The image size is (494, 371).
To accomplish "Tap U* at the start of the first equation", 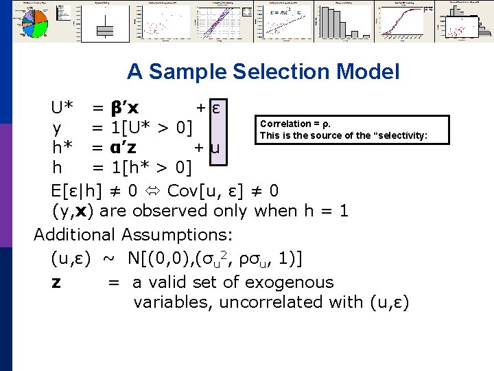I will tap(62, 108).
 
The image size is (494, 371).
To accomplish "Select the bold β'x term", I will tap(124, 108).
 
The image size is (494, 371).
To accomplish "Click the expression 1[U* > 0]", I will tap(151, 128).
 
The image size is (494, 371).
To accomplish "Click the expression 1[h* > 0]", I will tap(151, 167).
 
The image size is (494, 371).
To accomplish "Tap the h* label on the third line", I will tap(62, 147).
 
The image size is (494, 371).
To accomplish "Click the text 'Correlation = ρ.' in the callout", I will tap(294, 124).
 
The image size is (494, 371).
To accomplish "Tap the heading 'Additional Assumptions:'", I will tap(133, 234).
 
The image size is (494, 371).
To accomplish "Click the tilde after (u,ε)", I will tap(109, 259).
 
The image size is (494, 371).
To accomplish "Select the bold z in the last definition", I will tap(56, 282).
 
